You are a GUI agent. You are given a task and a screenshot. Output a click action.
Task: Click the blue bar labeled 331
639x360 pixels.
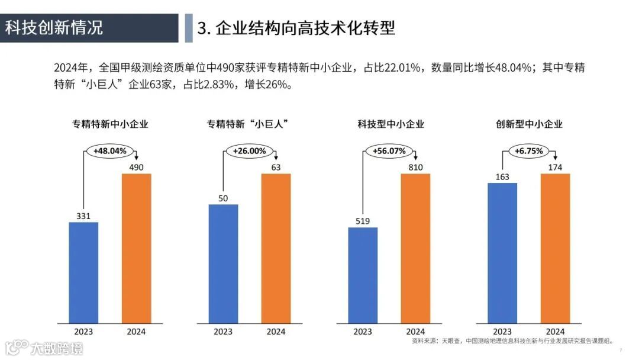click(x=83, y=272)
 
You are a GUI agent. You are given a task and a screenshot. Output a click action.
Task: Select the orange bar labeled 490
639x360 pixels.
click(x=136, y=248)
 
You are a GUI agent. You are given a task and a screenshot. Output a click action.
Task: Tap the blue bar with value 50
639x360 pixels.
click(x=223, y=263)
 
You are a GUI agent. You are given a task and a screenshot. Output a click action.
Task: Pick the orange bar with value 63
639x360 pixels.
click(x=276, y=248)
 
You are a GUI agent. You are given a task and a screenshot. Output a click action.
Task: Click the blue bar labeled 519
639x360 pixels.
click(x=363, y=275)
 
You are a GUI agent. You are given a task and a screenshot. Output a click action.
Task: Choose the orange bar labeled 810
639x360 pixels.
click(x=415, y=248)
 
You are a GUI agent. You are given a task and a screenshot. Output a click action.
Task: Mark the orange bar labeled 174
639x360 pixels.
click(x=555, y=248)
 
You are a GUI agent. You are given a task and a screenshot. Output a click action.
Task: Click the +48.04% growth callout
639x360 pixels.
click(x=110, y=151)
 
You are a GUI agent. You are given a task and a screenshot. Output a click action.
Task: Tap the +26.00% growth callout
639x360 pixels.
click(x=249, y=151)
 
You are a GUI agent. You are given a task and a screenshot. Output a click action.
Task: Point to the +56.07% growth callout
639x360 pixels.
click(x=389, y=151)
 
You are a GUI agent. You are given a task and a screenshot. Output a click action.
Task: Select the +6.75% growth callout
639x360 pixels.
click(x=528, y=151)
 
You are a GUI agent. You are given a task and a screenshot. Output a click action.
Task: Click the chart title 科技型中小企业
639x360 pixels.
click(x=390, y=124)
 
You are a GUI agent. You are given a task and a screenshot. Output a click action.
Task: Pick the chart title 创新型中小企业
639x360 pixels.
click(x=529, y=124)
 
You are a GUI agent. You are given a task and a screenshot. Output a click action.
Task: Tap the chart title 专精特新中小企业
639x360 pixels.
click(x=110, y=124)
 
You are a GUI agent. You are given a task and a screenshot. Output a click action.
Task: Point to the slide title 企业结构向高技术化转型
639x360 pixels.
click(x=296, y=28)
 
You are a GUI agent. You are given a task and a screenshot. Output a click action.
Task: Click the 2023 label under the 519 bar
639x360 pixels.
click(x=363, y=332)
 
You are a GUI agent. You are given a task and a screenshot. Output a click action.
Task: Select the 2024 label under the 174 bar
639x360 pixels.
click(x=555, y=332)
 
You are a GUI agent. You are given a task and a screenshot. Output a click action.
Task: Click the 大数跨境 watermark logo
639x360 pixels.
click(x=44, y=347)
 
